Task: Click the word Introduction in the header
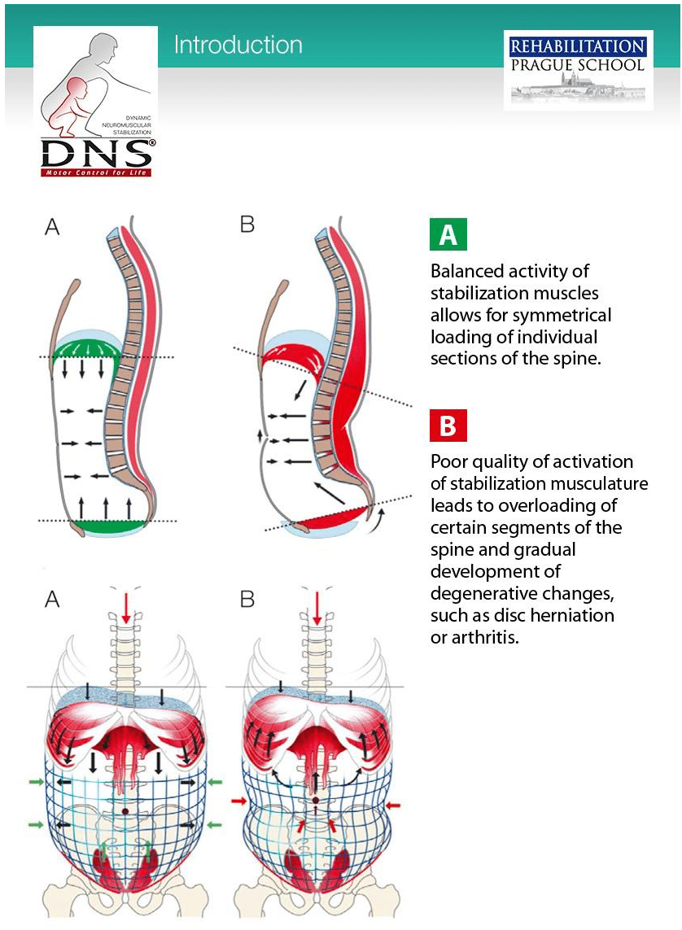238,44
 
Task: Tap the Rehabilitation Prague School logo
579,70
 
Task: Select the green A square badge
448,235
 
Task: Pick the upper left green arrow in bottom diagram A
37,782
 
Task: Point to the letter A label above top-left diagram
52,226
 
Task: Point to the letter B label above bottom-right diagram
247,600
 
